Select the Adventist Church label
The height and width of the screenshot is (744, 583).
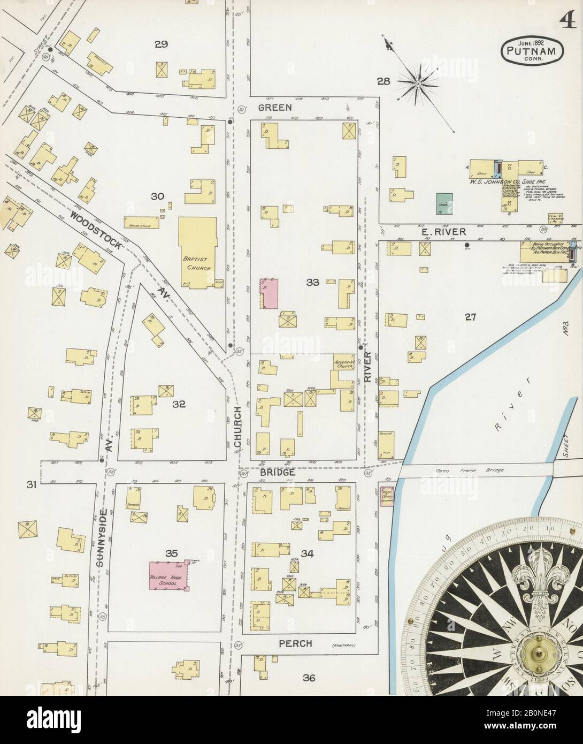[x=344, y=365]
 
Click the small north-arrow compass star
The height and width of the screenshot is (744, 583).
[x=418, y=83]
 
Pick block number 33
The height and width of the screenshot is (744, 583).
[x=312, y=282]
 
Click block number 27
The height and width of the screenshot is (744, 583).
[x=470, y=317]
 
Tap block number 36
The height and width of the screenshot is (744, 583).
[x=309, y=678]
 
